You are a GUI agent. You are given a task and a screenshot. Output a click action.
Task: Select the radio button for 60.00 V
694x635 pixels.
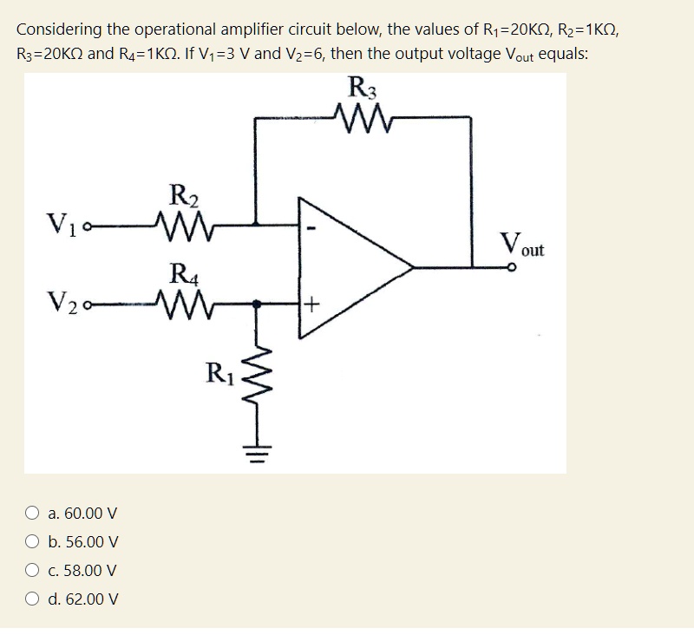coord(31,514)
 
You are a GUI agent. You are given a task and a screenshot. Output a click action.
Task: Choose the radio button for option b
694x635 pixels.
coord(31,542)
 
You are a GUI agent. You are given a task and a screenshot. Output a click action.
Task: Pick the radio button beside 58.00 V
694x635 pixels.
coord(31,571)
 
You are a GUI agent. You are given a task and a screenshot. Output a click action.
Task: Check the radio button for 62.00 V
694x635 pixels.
coord(31,599)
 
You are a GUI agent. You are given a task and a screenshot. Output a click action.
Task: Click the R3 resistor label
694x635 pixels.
coord(358,87)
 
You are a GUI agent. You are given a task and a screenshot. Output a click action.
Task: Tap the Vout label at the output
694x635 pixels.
coord(523,245)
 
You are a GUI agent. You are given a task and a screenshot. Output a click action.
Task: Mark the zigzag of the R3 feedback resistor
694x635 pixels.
coord(358,114)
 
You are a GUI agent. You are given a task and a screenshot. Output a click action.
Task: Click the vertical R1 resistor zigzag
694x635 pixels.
coord(258,381)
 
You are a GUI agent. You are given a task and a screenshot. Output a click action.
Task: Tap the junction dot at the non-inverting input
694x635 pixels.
coord(258,304)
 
